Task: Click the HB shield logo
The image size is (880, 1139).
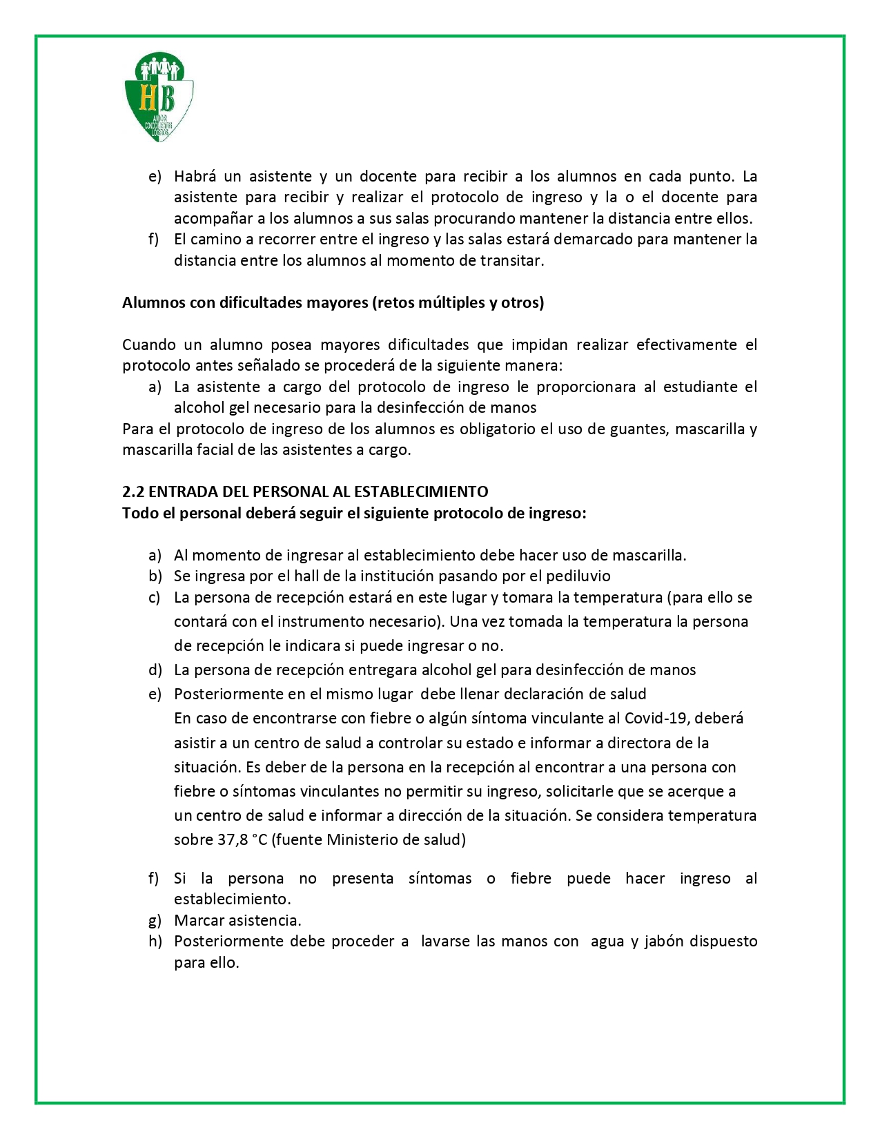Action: pyautogui.click(x=159, y=97)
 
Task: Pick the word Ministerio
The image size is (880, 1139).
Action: pyautogui.click(x=362, y=840)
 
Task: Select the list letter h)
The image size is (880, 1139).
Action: pyautogui.click(x=155, y=942)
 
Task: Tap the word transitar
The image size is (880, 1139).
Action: pyautogui.click(x=512, y=261)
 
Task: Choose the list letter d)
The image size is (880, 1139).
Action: pyautogui.click(x=155, y=670)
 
